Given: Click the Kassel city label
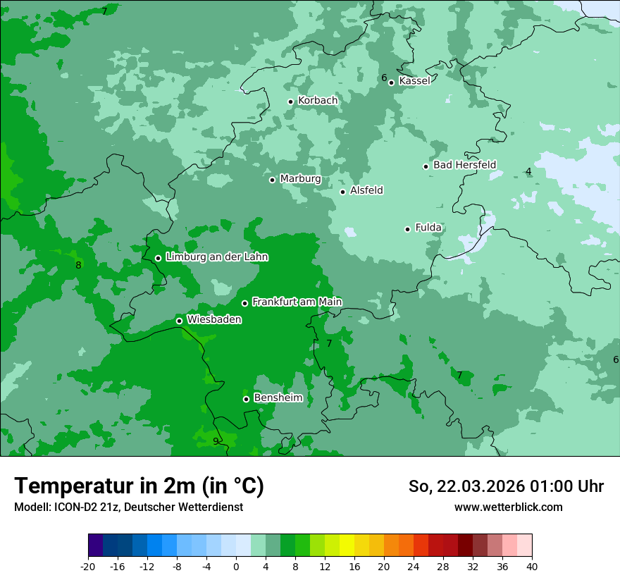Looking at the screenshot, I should (414, 81).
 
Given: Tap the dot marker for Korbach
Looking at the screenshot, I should (290, 101).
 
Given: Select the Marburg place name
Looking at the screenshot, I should (300, 179).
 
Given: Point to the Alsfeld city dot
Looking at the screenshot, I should (342, 192).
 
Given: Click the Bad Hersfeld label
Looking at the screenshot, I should (464, 165).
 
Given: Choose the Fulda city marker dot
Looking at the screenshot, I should (407, 229).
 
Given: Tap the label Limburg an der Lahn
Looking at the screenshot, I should (216, 257).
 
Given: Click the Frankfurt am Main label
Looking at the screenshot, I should (297, 302).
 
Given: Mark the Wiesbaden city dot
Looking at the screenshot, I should (179, 321).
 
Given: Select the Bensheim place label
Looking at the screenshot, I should (278, 398).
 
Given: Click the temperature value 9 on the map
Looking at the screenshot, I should (216, 442).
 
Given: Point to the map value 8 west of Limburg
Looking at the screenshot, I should (78, 266).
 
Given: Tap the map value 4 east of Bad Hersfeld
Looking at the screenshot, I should (528, 172).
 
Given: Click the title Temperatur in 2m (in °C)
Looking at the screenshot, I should (139, 486).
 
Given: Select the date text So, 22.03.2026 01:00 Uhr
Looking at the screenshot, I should (506, 486).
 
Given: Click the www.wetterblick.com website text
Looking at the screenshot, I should (508, 507).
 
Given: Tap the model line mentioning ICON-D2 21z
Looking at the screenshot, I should (128, 507).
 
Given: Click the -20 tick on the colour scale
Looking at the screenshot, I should (88, 566).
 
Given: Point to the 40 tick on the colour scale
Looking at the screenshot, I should (532, 566).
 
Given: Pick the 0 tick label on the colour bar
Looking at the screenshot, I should (236, 566).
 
